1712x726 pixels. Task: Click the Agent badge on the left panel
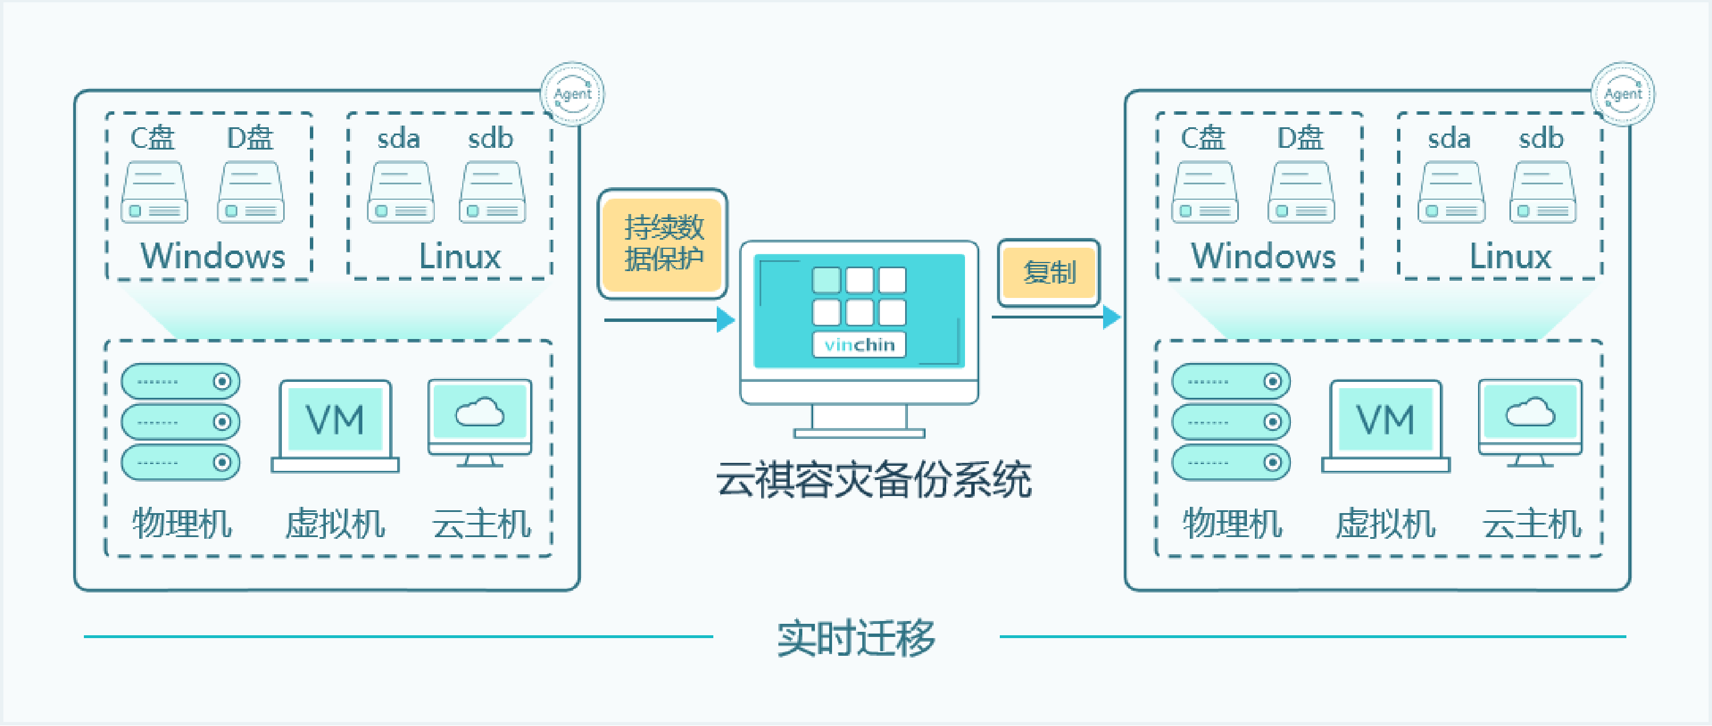tap(572, 94)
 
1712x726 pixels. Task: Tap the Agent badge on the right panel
tap(1622, 94)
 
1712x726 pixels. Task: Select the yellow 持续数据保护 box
tap(663, 243)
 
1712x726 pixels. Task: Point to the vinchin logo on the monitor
tap(859, 344)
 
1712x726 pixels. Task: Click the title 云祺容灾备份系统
tap(873, 479)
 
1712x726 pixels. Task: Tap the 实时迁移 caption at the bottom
tap(856, 638)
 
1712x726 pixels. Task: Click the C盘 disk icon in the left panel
tap(154, 193)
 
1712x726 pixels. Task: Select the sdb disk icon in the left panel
tap(492, 193)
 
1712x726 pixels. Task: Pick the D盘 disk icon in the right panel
tap(1301, 193)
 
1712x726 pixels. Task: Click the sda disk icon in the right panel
tap(1451, 193)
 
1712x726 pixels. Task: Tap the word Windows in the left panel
tap(213, 257)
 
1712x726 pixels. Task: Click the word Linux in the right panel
tap(1510, 257)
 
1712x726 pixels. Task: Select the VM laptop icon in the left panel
tap(335, 425)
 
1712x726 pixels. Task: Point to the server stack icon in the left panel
tap(180, 422)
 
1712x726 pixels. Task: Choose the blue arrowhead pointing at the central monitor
tap(726, 320)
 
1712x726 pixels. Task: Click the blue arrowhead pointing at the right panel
tap(1112, 317)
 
